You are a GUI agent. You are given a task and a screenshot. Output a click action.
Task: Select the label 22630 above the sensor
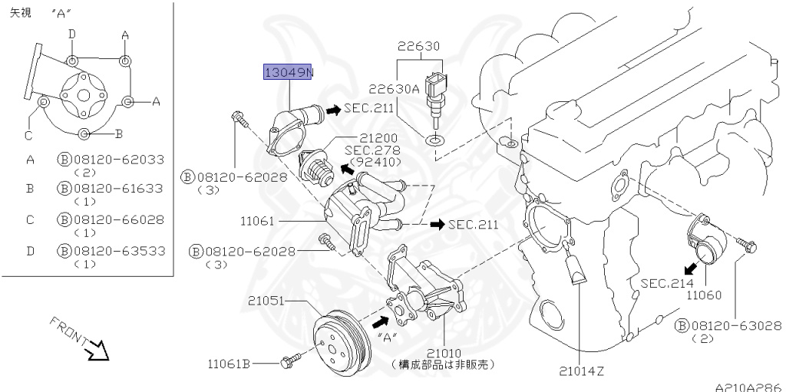[x=418, y=46]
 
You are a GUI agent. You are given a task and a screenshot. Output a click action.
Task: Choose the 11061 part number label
[x=258, y=221]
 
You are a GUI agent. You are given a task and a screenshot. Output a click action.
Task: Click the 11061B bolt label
[x=230, y=362]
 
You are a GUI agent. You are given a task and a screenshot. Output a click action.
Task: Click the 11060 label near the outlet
[x=705, y=295]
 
